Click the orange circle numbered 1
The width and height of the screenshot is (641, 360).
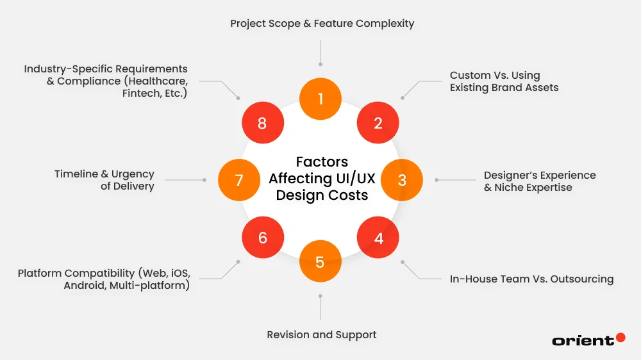tap(320, 99)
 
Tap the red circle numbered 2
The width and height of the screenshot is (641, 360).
tap(378, 122)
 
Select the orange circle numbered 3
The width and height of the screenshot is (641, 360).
tap(402, 180)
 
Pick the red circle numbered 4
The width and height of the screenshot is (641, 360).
tap(378, 238)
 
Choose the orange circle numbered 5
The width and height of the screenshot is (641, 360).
tap(320, 261)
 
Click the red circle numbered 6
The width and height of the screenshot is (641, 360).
tap(262, 238)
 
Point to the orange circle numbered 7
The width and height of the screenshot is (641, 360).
tap(239, 180)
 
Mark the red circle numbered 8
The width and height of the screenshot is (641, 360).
tap(262, 122)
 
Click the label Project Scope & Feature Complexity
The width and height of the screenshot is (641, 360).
tap(322, 24)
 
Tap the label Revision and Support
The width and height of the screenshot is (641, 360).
tap(321, 334)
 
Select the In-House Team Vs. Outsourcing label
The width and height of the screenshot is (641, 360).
tap(531, 279)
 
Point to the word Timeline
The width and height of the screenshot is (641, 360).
tap(77, 174)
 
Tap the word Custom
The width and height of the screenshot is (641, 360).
tap(470, 75)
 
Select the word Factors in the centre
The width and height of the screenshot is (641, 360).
tap(321, 161)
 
